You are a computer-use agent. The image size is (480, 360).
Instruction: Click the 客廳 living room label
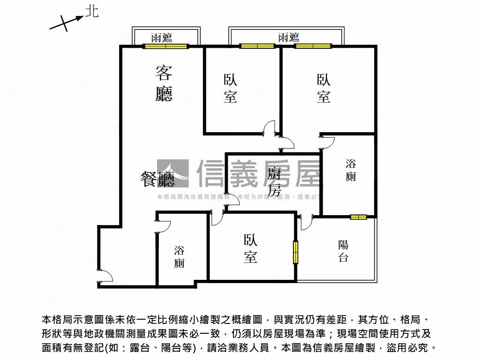pos(164,83)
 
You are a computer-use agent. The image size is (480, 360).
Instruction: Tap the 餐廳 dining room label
pos(157,179)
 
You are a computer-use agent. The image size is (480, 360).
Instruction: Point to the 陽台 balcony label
pos(343,250)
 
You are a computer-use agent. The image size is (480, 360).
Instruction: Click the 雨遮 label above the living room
pos(162,38)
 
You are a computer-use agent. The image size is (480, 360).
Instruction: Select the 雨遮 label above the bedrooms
pos(288,37)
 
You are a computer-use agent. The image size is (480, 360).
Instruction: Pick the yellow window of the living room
pos(165,46)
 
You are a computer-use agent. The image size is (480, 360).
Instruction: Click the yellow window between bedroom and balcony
pos(296,252)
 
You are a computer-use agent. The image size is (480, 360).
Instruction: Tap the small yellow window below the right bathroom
pos(358,217)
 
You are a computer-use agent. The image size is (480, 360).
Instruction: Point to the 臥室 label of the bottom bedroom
pos(250,248)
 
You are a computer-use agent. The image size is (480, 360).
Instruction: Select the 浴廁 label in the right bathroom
pos(351,170)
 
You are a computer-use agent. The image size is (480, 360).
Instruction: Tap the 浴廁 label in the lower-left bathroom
pos(179,256)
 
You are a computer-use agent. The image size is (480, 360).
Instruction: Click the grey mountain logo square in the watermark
pos(173,174)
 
